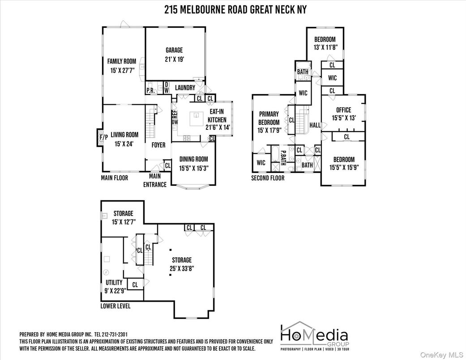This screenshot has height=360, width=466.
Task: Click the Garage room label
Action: coord(174,55)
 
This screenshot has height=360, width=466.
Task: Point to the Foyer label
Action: coord(158,145)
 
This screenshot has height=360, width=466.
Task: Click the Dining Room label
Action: coord(193,163)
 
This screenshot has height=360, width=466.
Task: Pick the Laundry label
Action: coord(185,88)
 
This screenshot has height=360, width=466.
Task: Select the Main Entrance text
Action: coord(154,181)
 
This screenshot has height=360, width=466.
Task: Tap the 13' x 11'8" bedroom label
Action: coord(325,43)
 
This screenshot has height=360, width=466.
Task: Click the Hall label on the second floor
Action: coord(315,125)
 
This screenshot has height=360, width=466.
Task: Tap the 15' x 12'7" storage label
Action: coord(124,217)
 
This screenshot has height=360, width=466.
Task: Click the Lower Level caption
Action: coord(115,306)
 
